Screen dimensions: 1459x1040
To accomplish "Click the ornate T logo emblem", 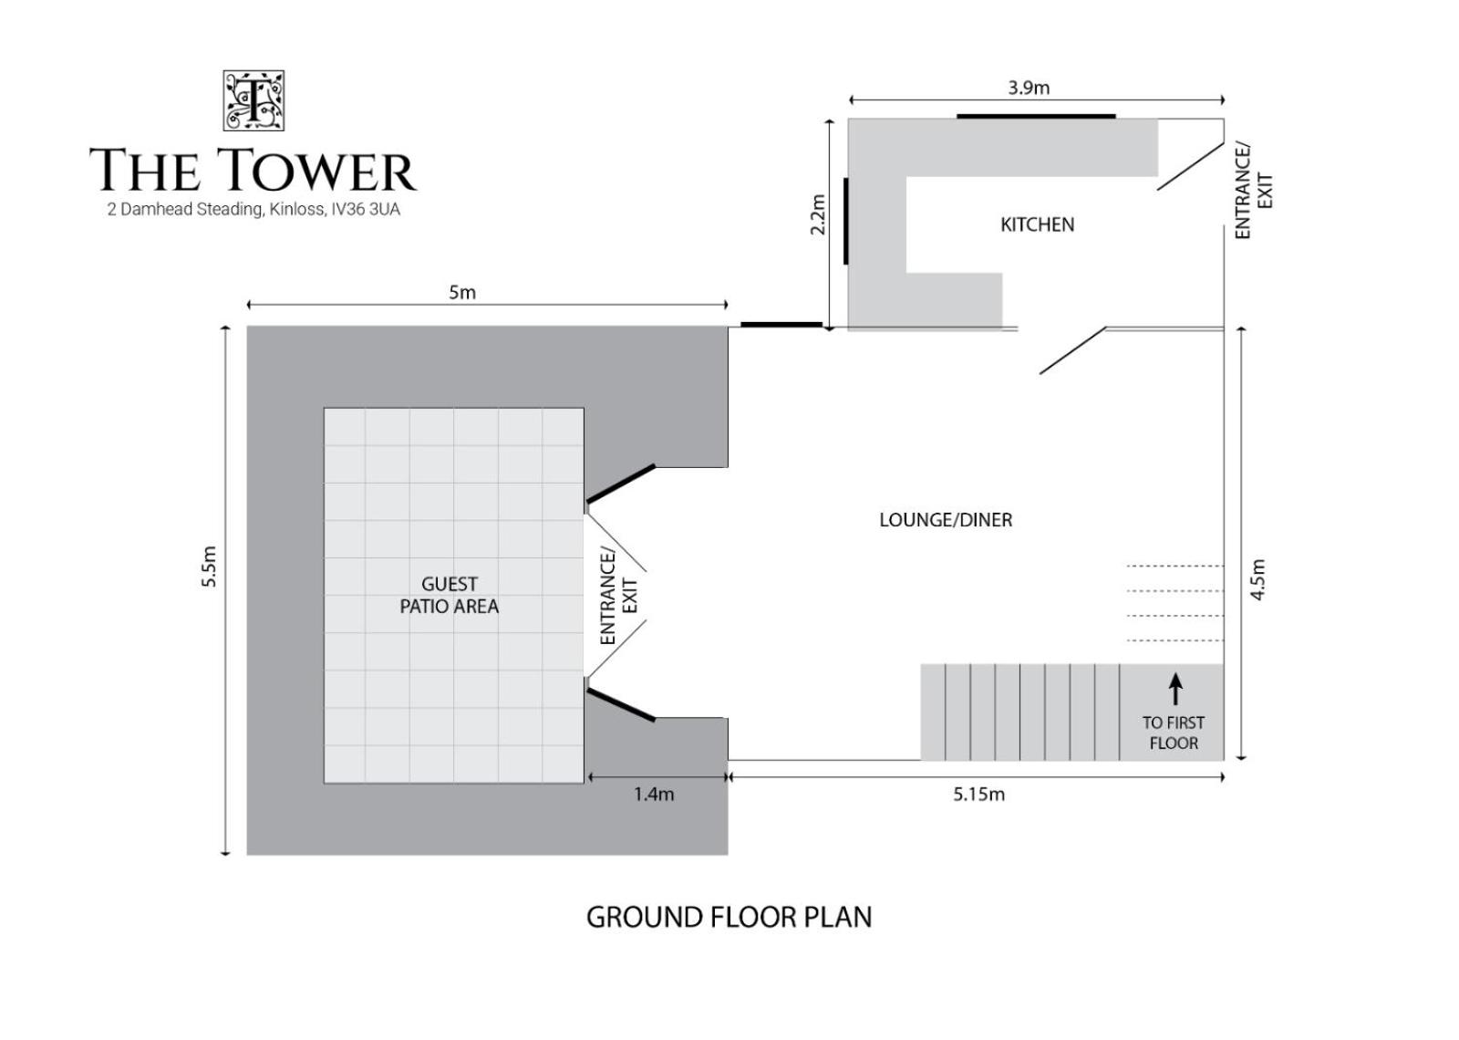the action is coord(254,101).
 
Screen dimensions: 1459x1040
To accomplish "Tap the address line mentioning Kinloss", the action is coord(254,210).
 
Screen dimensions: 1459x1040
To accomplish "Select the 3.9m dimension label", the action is coord(1029,88).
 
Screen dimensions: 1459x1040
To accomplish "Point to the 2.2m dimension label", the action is coord(817,214).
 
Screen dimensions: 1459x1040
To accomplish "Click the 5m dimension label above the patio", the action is coord(461,293).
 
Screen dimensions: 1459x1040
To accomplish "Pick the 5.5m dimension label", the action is coord(209,567).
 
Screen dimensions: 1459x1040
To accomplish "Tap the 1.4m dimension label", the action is coord(654,795).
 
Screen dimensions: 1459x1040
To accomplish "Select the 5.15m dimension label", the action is coord(979,795).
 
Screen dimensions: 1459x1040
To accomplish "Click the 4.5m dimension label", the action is coord(1257,579).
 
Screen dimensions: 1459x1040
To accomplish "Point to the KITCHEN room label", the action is coord(1037,224).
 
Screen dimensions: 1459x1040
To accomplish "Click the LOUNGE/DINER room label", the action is coord(946,520).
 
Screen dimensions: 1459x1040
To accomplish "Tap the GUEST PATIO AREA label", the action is coord(449,595).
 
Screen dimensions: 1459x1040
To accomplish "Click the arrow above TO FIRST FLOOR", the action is coord(1175,690).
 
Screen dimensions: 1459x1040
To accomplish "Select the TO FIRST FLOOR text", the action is coord(1174,733).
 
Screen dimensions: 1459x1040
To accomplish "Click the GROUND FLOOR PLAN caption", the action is coord(729,918).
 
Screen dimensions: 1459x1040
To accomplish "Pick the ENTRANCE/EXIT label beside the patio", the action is coord(618,597).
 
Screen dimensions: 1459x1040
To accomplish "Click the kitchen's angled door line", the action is coord(1190,166).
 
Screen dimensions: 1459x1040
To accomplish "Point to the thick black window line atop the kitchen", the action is coord(1036,117).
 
